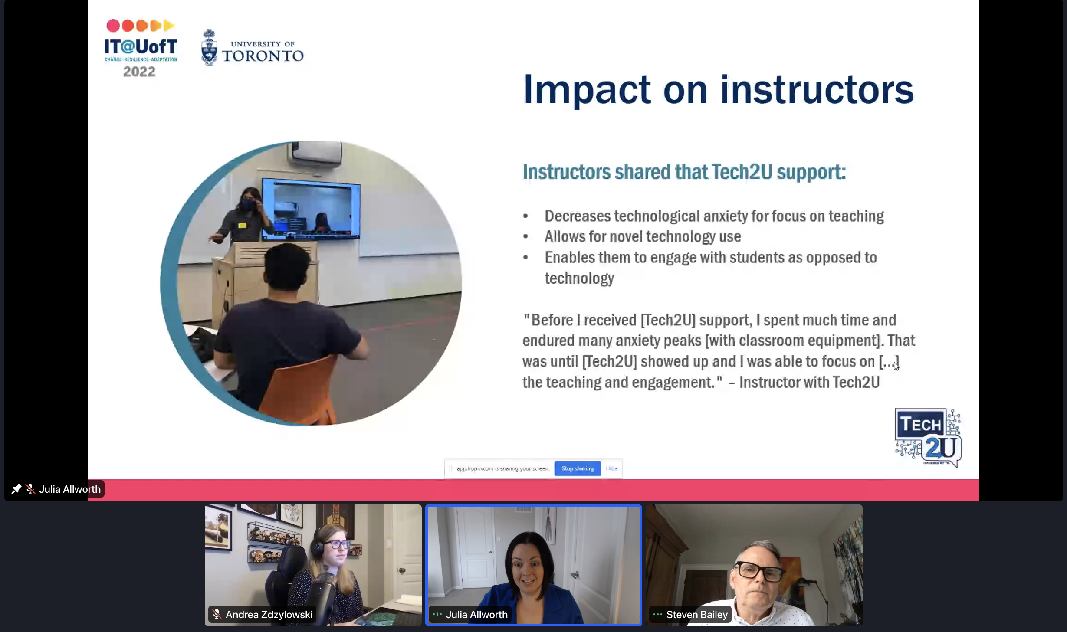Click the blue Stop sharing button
pos(578,468)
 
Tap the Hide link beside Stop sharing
pos(611,468)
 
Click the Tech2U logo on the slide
pos(928,437)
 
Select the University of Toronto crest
pos(209,48)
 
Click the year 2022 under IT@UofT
pos(139,72)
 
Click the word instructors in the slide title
pos(817,90)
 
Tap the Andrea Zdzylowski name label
pos(269,615)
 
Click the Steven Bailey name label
pos(697,615)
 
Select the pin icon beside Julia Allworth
pos(16,489)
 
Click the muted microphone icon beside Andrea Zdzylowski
pos(217,615)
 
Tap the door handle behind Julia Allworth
pos(575,575)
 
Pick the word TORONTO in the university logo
pos(263,56)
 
